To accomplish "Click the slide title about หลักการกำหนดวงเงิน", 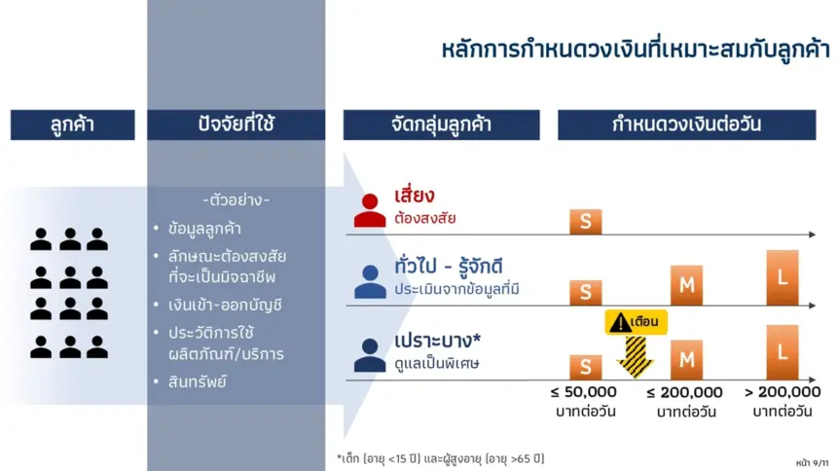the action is [636, 50].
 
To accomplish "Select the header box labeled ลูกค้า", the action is [73, 125].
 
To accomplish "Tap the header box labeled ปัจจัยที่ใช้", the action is [236, 125].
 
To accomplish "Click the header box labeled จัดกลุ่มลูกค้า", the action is [442, 125].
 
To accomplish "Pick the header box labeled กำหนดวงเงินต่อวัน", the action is [687, 125].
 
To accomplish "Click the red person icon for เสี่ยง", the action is [370, 210].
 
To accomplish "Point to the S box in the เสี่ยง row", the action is [586, 222].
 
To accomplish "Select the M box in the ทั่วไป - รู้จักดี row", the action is [686, 285].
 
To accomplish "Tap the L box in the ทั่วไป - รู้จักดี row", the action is [782, 277].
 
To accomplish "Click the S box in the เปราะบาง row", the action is [586, 367].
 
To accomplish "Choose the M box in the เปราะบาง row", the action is [686, 360].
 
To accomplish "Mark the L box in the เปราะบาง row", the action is [782, 352].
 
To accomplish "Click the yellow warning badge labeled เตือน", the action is [636, 322].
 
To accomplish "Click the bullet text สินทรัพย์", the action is [197, 381].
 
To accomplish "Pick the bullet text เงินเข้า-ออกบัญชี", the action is [225, 305].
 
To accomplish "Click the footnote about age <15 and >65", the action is [440, 458].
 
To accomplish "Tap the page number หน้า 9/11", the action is [812, 463].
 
